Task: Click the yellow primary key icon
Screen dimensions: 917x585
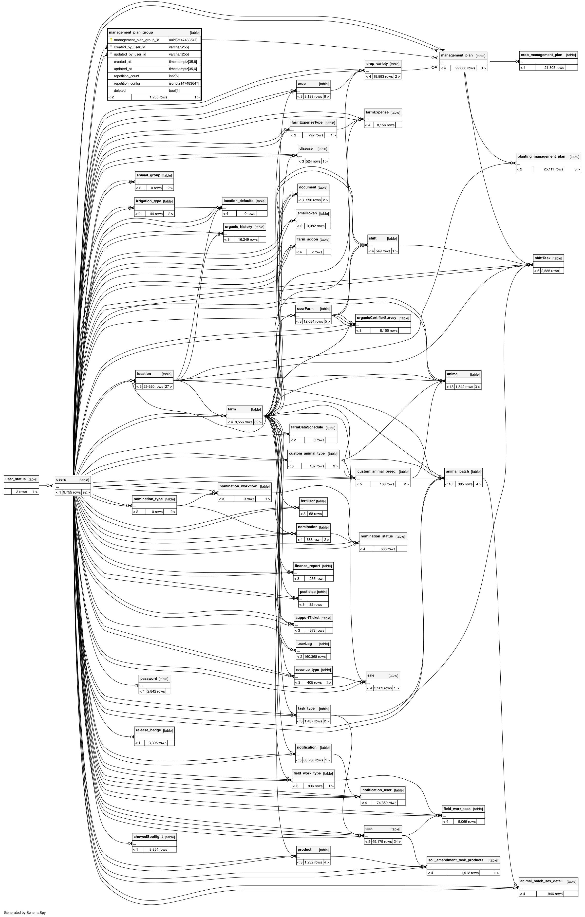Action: click(x=111, y=40)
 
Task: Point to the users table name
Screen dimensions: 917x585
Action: click(x=61, y=479)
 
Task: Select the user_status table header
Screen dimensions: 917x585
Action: click(x=15, y=479)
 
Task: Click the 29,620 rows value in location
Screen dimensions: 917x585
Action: click(x=153, y=386)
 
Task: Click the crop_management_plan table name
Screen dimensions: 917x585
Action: click(x=541, y=55)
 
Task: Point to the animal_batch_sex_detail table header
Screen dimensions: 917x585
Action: click(x=541, y=881)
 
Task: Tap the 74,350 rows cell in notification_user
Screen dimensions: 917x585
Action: click(x=387, y=803)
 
